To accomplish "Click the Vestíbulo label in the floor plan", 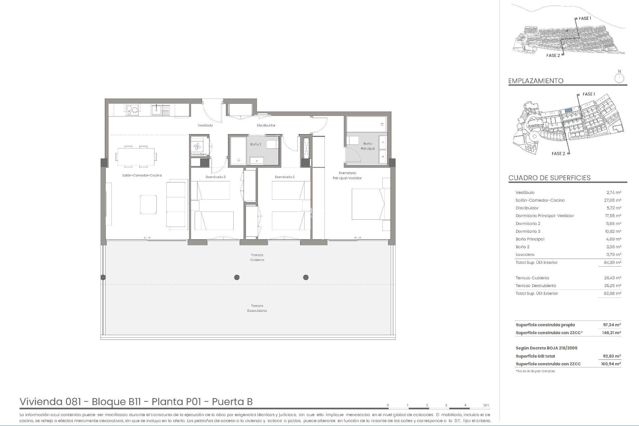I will [205, 125].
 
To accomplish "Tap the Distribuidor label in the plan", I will [266, 125].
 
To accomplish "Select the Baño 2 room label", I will [256, 144].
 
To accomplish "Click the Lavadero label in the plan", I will [199, 154].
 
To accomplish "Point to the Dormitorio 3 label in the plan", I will [215, 177].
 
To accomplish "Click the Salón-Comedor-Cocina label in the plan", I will [142, 175].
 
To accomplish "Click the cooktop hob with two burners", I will [132, 109].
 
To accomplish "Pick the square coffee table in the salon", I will [148, 204].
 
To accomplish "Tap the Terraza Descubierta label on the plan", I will [257, 308].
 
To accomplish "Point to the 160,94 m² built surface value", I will [611, 364].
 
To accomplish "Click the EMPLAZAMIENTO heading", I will [535, 81].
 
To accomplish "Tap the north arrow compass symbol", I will [619, 79].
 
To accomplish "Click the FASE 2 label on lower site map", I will [558, 154].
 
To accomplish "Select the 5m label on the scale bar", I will [486, 405].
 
